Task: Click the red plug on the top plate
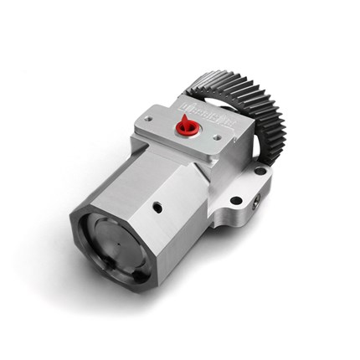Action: tap(185, 128)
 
